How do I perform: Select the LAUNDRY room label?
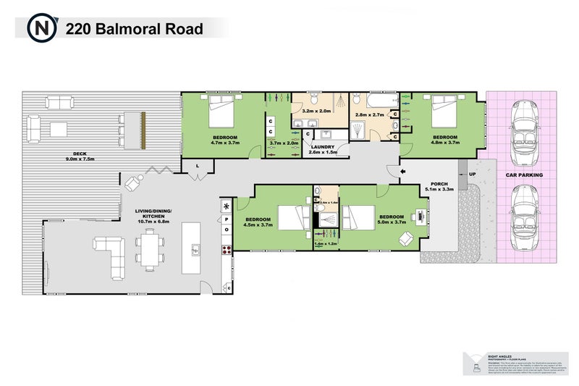click(322, 148)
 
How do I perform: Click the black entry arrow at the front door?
click(394, 170)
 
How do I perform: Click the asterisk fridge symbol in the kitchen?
click(226, 206)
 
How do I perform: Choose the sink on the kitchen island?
click(194, 251)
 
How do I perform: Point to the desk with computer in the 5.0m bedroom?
click(421, 215)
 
